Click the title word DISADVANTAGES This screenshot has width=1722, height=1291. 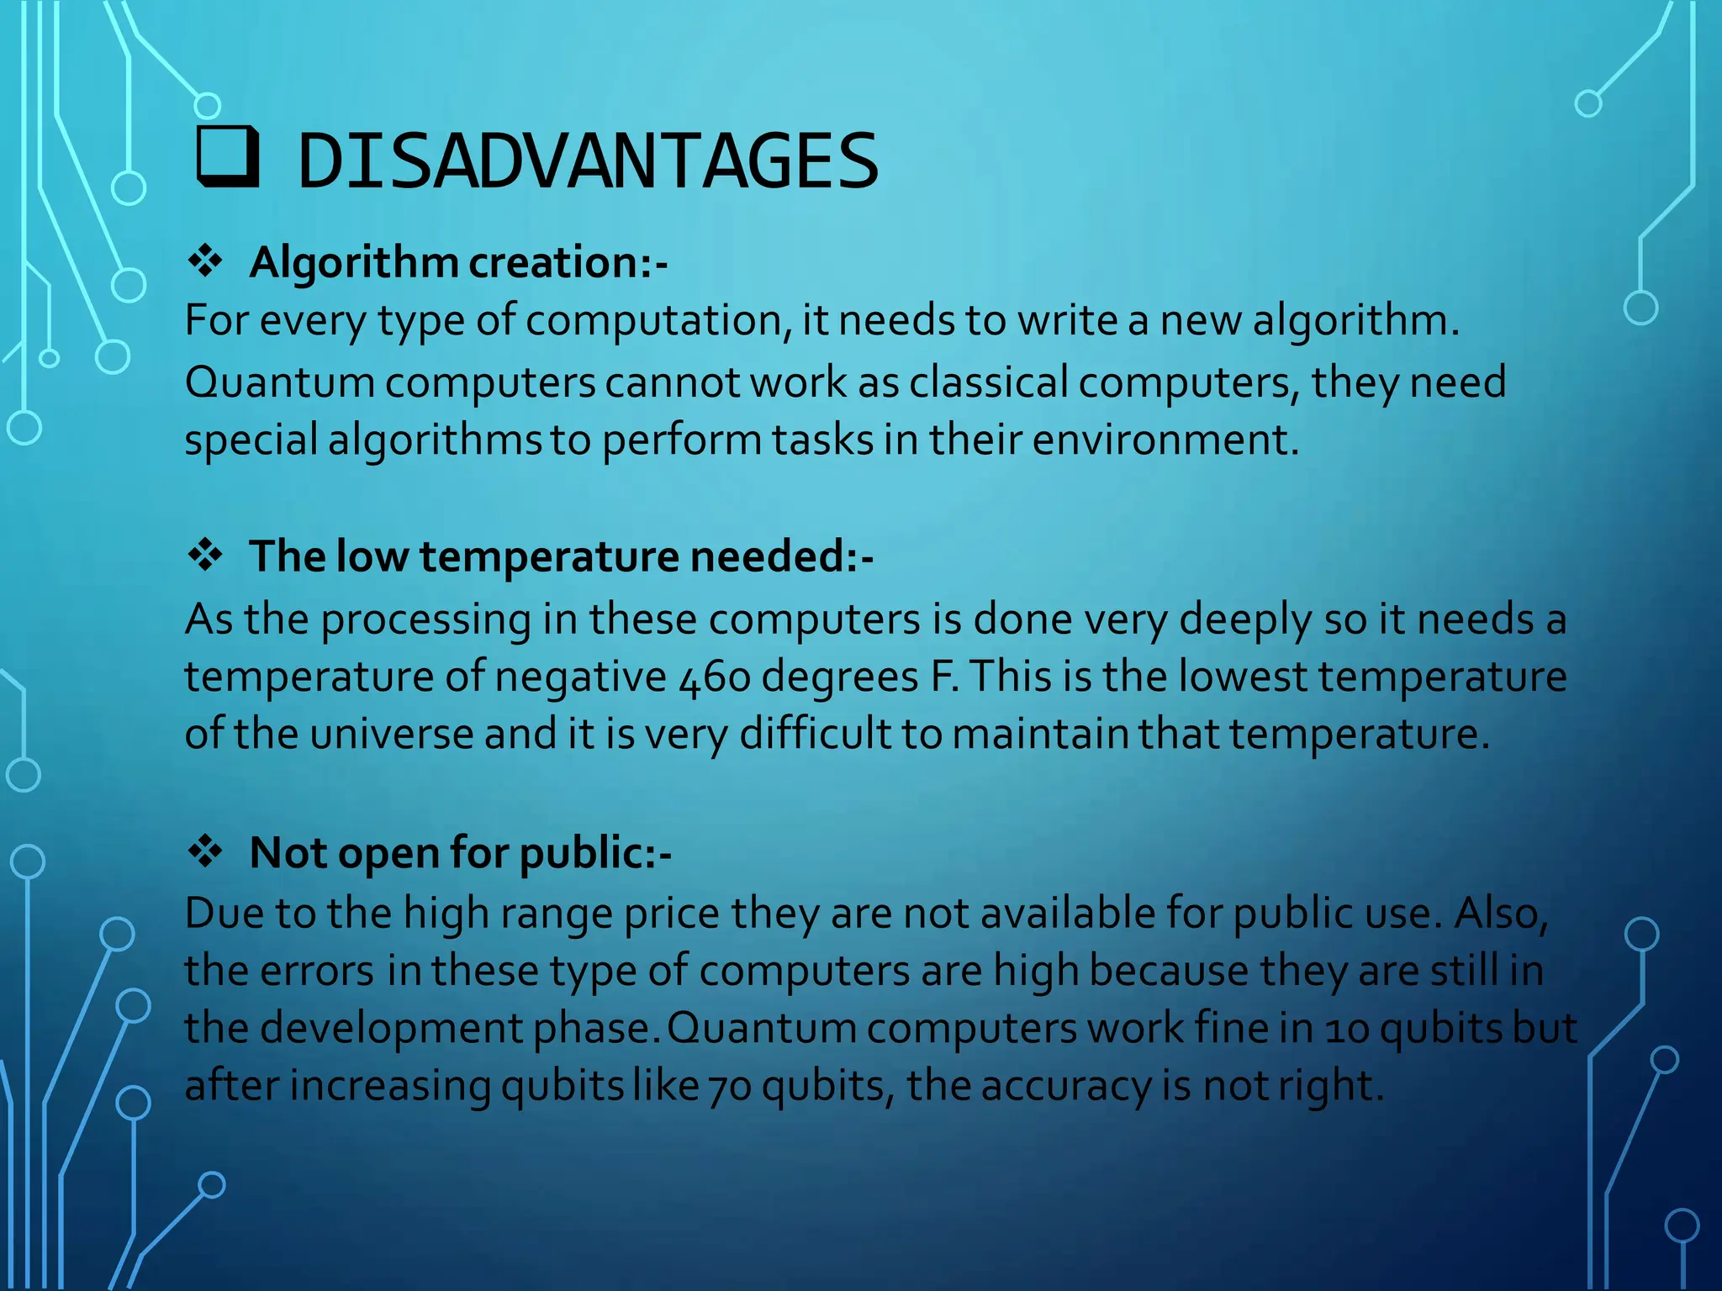click(588, 161)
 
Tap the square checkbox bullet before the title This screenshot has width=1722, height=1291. click(227, 157)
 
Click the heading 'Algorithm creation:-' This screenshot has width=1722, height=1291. click(458, 262)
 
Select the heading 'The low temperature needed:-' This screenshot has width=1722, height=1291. click(561, 556)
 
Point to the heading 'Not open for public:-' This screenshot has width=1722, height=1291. click(460, 852)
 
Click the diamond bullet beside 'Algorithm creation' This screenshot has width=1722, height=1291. click(205, 261)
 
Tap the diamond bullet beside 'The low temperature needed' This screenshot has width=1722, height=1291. click(205, 556)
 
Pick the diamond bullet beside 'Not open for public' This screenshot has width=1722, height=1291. click(205, 851)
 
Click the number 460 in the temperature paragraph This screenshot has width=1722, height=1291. click(714, 677)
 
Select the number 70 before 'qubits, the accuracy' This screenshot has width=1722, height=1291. click(730, 1086)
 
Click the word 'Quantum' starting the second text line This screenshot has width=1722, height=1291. click(279, 382)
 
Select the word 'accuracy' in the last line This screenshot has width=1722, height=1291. click(1065, 1086)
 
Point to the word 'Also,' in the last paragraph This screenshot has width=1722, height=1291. click(1500, 914)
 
